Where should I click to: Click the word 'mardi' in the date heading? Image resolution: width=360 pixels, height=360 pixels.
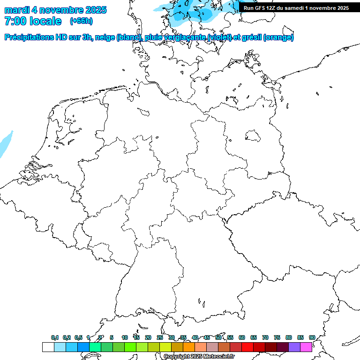[16, 10]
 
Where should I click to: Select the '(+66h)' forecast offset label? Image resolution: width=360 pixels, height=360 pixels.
[81, 21]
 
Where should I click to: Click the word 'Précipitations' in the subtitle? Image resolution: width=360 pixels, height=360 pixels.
[27, 37]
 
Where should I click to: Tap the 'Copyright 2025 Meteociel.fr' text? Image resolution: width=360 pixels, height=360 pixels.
[199, 357]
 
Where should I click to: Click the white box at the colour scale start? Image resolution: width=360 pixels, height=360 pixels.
[48, 347]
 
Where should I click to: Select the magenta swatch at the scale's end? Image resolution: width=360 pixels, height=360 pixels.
[306, 347]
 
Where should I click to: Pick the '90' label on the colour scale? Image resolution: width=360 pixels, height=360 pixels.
[312, 337]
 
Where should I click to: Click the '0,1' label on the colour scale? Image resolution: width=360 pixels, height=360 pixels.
[55, 337]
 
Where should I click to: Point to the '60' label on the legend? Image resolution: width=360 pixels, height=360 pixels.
[242, 337]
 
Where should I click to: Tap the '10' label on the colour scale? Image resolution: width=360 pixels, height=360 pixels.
[125, 337]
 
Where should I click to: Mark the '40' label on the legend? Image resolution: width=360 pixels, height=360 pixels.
[195, 337]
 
